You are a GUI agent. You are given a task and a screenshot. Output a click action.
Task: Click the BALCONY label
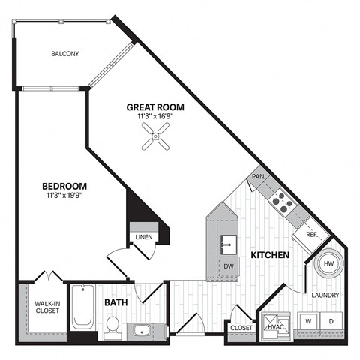coord(65,54)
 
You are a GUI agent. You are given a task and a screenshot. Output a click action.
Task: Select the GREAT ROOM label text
coord(155,107)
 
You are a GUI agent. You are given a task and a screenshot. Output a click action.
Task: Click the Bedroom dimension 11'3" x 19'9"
coord(64,197)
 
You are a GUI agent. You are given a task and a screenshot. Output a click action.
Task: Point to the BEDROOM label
coord(64,187)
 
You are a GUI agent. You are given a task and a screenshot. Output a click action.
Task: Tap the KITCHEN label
coord(270,256)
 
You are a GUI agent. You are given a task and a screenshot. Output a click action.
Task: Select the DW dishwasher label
coord(228,266)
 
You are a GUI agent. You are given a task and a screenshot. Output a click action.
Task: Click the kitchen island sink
coord(228,244)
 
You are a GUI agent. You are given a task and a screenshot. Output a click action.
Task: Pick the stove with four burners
coord(280,199)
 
